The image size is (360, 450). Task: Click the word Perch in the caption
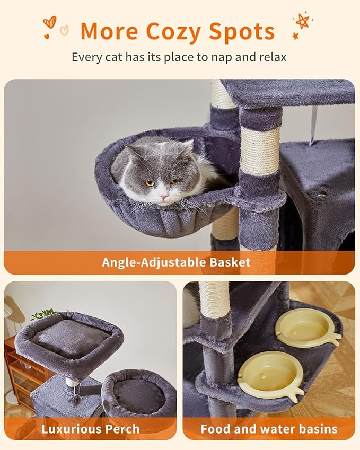[x=123, y=428]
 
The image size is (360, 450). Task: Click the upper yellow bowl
[x=307, y=328]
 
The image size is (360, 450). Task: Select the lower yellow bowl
[x=270, y=375]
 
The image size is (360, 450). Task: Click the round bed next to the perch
[x=139, y=392]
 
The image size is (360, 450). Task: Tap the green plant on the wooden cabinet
[x=42, y=315]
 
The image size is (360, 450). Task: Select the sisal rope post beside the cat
[x=259, y=151]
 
